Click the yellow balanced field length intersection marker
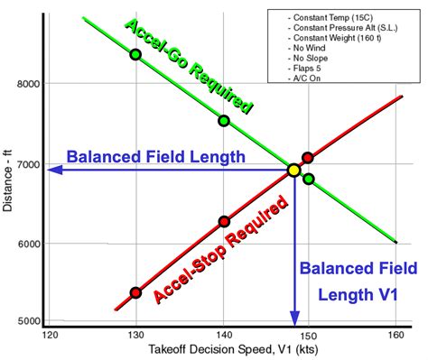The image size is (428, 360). point(293,170)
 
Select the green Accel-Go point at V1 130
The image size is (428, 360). point(135,54)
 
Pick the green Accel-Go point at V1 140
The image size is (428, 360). point(224,120)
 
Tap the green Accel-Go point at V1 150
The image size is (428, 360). point(309,179)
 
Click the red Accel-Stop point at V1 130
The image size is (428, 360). point(135,292)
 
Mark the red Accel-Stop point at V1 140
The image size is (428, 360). point(224,221)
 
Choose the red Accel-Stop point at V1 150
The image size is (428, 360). point(308,158)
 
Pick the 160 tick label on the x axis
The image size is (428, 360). point(395,335)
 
